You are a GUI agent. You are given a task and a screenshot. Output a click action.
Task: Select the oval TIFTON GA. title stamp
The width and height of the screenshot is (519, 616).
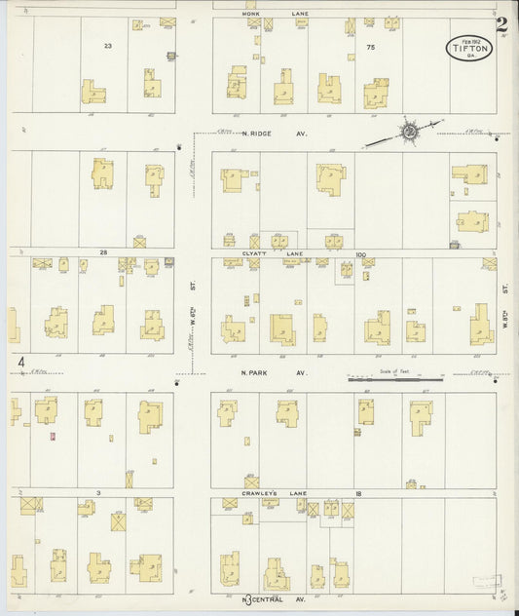click(469, 46)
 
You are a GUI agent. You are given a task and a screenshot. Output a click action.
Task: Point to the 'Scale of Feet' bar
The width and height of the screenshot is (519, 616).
click(394, 378)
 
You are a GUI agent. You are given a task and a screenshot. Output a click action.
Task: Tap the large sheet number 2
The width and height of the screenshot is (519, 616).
click(500, 24)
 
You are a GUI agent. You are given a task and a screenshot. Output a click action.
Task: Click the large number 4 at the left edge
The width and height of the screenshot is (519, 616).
click(20, 364)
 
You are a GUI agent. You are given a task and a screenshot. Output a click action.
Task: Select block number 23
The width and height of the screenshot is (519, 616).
click(108, 46)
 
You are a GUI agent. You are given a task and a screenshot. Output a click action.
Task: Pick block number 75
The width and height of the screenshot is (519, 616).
click(370, 46)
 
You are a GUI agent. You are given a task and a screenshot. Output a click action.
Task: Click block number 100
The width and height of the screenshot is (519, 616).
click(359, 254)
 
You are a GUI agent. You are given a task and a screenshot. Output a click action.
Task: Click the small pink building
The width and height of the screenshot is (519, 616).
click(52, 436)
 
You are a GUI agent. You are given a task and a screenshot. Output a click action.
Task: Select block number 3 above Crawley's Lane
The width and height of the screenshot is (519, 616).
click(99, 493)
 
